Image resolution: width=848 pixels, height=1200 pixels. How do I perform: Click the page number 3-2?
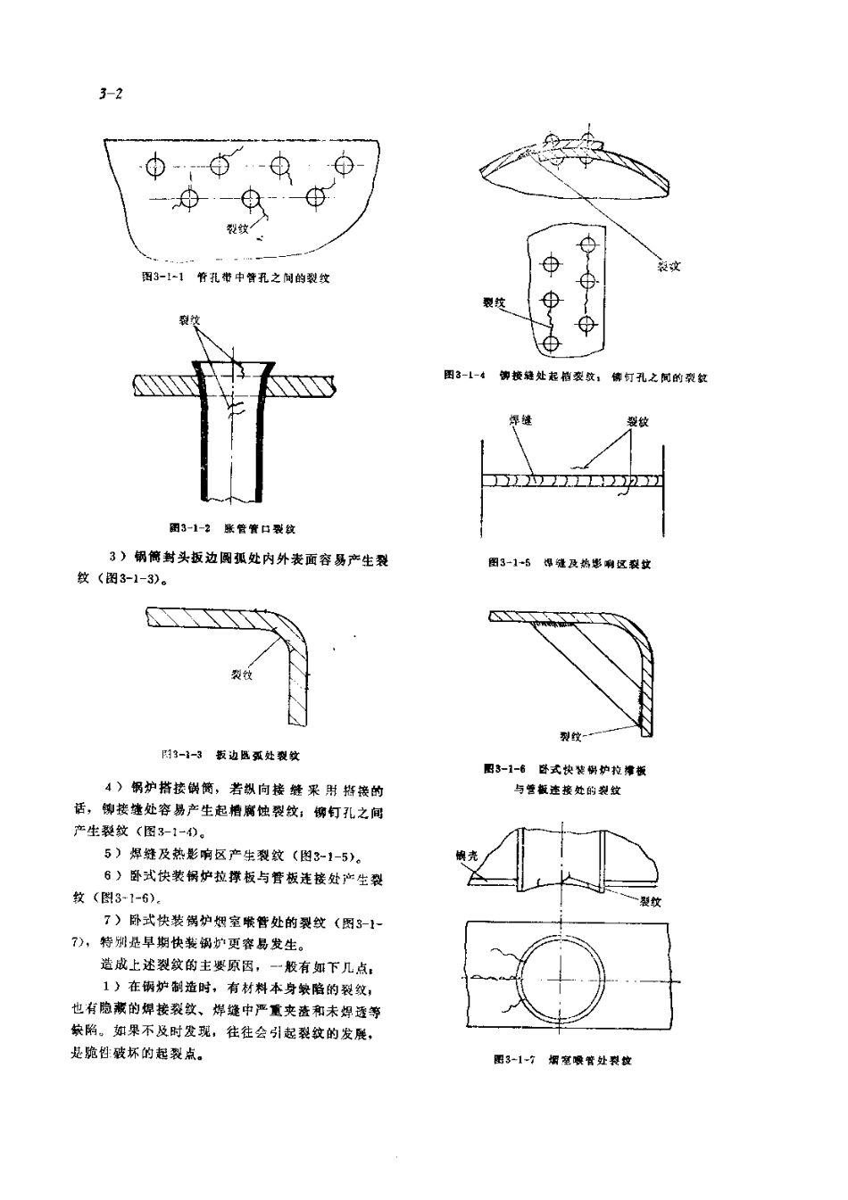click(112, 93)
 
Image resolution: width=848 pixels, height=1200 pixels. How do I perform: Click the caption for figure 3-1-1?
click(237, 277)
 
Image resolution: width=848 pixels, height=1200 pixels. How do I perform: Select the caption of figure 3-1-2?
click(234, 528)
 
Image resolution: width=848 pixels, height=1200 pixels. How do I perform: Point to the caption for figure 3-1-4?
click(576, 377)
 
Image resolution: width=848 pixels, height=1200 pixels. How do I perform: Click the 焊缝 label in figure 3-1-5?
click(520, 420)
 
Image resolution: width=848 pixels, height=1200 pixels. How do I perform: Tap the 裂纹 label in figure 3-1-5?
click(636, 421)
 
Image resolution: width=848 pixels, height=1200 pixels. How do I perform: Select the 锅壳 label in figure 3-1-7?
click(467, 855)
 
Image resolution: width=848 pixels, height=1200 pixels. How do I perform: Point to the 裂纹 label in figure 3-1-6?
click(570, 736)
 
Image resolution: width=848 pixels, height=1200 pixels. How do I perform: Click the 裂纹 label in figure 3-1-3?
click(242, 674)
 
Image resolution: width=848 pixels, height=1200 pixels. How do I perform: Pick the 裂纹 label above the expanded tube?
click(188, 319)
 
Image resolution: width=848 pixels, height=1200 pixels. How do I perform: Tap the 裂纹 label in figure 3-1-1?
click(237, 228)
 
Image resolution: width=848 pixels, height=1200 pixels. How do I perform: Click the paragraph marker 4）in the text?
click(112, 789)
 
